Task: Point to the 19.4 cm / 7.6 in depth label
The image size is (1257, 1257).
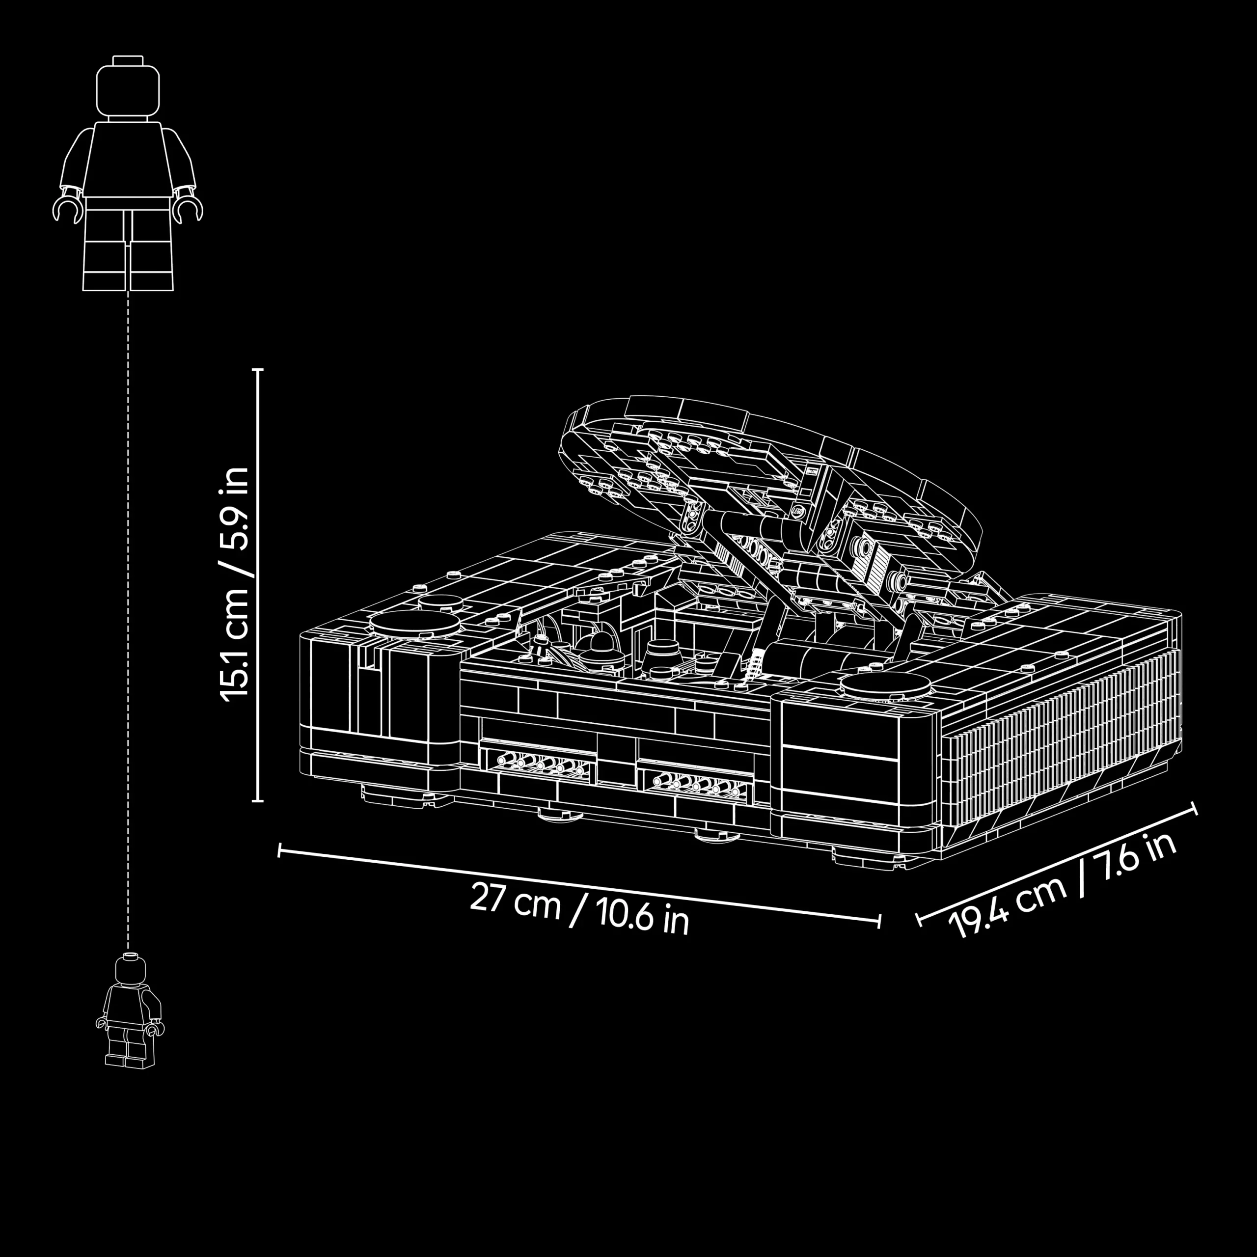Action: (1063, 884)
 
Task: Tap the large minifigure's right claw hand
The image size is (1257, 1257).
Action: (189, 210)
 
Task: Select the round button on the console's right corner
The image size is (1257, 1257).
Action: (884, 686)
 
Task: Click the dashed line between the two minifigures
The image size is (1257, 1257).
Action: (128, 621)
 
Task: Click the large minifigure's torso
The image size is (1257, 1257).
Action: (128, 160)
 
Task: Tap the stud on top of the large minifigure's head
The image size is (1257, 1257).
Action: (128, 60)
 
